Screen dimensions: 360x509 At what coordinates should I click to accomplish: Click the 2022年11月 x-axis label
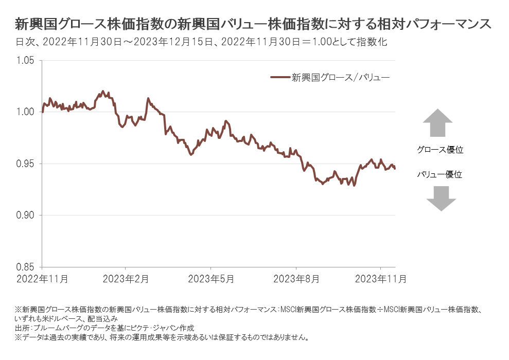[42, 279]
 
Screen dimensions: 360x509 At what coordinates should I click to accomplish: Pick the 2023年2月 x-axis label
[126, 279]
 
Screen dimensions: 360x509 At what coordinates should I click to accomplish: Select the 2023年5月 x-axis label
[211, 279]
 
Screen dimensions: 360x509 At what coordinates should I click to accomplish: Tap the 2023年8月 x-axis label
[296, 279]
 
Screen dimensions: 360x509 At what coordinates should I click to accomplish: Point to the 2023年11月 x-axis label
[381, 279]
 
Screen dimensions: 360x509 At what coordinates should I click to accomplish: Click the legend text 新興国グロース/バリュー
[341, 78]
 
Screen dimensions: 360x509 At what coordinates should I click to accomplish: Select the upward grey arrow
[437, 122]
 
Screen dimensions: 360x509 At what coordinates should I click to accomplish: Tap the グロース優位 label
[440, 150]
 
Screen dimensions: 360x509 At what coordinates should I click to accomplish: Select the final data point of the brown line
[395, 169]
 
